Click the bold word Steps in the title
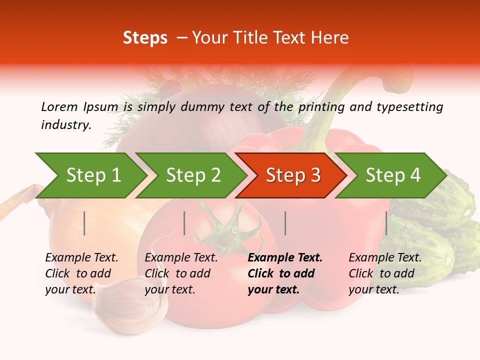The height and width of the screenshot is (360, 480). (145, 37)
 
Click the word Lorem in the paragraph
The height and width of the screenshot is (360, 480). (59, 106)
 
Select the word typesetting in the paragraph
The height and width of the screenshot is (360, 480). (409, 106)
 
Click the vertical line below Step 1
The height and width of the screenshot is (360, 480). (84, 223)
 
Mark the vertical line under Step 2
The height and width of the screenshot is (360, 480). (184, 223)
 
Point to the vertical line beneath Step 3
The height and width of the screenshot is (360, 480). (285, 223)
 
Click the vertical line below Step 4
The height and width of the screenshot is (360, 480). (386, 223)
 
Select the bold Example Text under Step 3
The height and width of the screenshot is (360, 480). (285, 258)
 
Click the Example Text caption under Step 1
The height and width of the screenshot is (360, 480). (81, 258)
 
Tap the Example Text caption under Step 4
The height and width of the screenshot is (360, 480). (385, 258)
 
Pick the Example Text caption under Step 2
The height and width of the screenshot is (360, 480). (181, 258)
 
